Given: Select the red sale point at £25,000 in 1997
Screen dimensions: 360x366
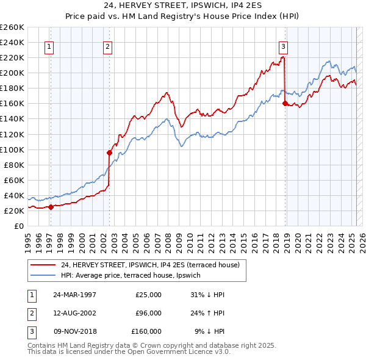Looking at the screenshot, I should [x=51, y=207].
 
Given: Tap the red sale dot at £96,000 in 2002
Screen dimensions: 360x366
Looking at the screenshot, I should [x=110, y=153].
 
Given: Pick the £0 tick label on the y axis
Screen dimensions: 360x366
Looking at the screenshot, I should [x=18, y=226].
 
